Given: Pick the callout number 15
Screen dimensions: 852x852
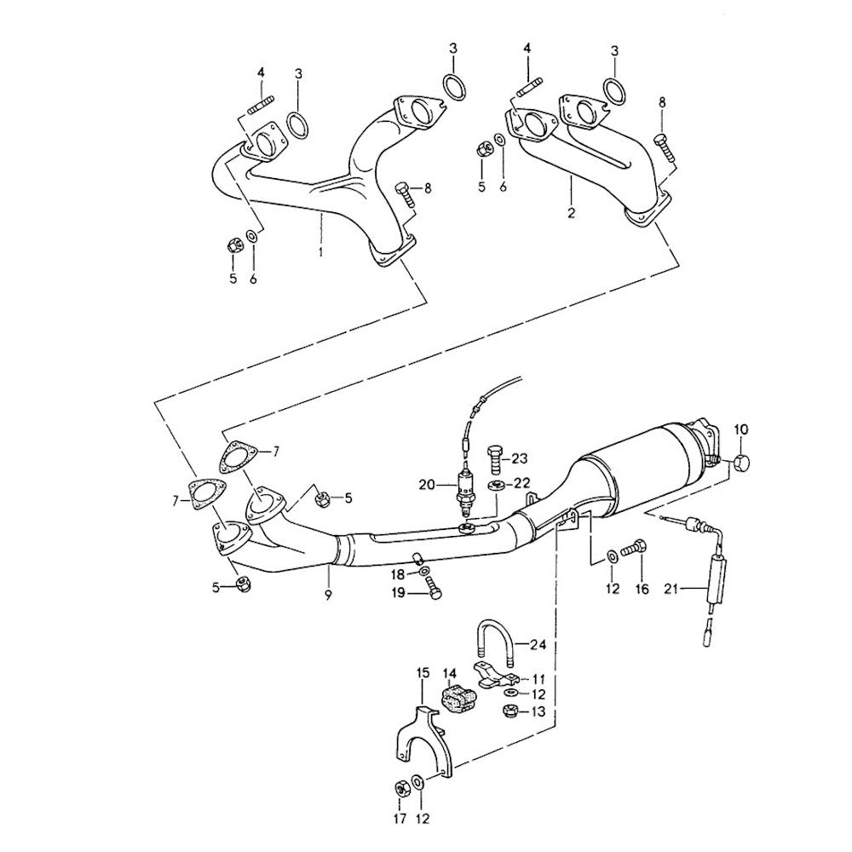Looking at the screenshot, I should [x=421, y=674].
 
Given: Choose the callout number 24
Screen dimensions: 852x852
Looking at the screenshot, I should [x=537, y=644].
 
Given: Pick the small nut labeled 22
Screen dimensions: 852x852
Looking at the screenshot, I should [x=495, y=485].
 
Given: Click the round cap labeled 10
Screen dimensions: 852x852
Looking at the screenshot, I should [x=741, y=463].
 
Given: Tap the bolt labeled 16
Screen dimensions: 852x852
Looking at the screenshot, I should [x=635, y=550].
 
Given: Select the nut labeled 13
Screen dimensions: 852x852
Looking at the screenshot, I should [x=510, y=711].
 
